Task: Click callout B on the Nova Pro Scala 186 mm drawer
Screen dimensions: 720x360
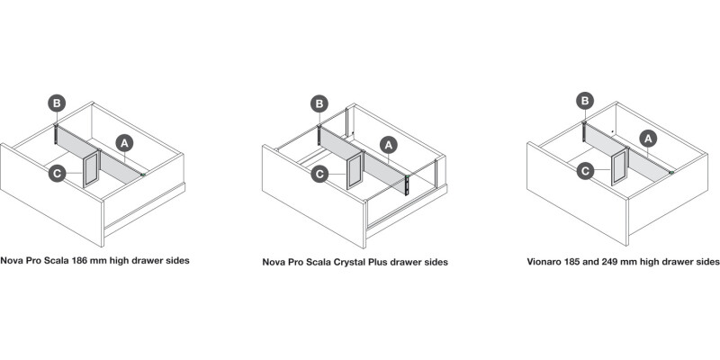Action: coord(57,103)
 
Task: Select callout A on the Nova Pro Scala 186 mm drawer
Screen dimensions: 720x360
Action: coord(124,143)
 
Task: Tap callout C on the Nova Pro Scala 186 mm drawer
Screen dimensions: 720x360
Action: coord(57,173)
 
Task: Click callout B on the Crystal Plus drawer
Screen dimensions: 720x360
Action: coord(319,103)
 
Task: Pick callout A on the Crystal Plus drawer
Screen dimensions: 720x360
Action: coord(389,146)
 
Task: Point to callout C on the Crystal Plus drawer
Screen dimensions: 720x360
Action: coord(319,174)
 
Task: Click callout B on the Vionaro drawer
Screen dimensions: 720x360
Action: coord(585,101)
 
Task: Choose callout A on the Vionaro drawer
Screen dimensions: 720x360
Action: coord(648,139)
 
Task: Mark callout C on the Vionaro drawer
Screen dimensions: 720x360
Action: coord(586,171)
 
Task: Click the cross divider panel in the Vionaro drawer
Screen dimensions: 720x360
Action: coord(620,166)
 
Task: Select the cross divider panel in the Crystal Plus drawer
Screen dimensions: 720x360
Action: coord(355,169)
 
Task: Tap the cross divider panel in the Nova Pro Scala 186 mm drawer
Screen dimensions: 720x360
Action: coord(92,168)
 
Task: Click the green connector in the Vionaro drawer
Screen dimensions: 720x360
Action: coord(671,173)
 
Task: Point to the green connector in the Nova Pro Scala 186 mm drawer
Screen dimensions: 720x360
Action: coord(144,175)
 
